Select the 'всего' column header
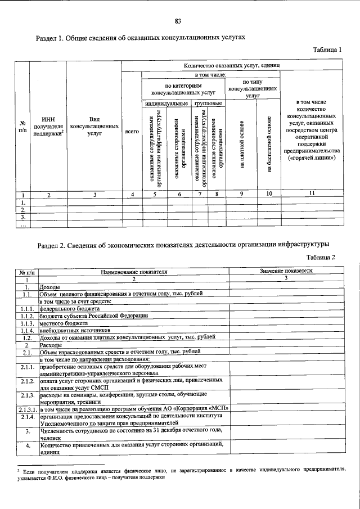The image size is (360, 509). point(132,131)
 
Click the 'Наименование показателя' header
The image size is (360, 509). point(134,271)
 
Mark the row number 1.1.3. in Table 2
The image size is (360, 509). point(26,323)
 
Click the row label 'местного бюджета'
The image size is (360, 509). point(64,323)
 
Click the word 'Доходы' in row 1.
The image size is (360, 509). point(51,286)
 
